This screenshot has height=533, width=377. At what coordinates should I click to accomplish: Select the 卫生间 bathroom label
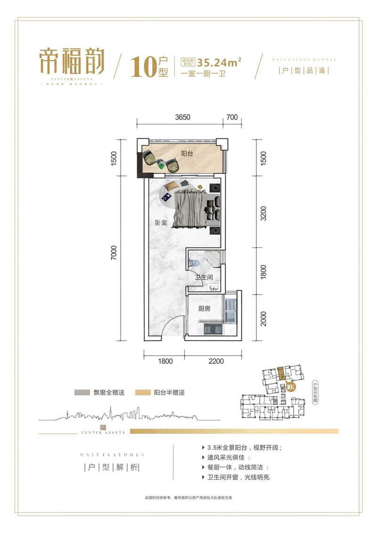pyautogui.click(x=204, y=277)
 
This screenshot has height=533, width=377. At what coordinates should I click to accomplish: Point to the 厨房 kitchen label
pyautogui.click(x=204, y=309)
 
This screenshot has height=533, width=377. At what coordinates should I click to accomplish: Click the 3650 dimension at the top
pyautogui.click(x=180, y=118)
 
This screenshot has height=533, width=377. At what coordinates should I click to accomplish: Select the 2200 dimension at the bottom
pyautogui.click(x=213, y=361)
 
